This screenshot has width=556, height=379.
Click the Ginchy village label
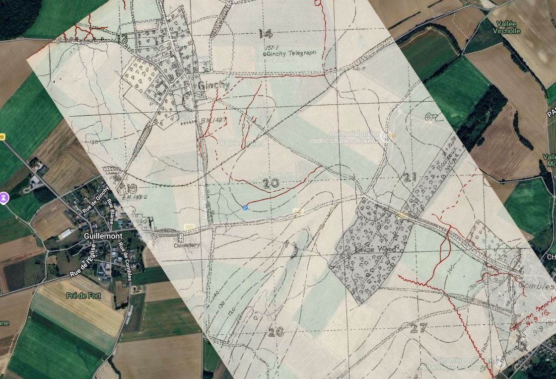(214, 85)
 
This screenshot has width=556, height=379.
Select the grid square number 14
(266, 34)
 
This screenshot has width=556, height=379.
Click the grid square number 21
(410, 177)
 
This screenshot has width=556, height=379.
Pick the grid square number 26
(276, 332)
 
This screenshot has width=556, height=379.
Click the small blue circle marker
(245, 208)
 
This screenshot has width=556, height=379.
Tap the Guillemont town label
(103, 236)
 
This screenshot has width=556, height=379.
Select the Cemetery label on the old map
(186, 245)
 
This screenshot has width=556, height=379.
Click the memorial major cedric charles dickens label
(345, 137)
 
